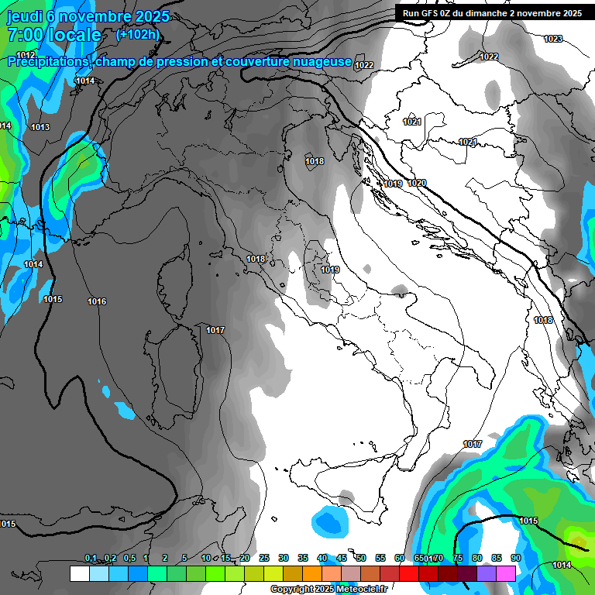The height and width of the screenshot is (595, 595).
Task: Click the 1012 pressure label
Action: tap(26, 55)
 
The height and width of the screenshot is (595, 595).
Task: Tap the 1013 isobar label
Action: tap(40, 127)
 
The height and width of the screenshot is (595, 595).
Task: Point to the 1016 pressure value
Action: tap(97, 301)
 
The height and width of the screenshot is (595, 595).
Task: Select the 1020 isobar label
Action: tap(417, 183)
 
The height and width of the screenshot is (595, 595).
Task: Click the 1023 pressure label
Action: tap(553, 39)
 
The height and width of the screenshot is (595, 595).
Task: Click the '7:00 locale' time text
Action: tap(54, 35)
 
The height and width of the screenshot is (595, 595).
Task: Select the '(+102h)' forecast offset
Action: tap(138, 34)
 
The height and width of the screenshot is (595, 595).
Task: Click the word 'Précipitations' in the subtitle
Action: tap(46, 61)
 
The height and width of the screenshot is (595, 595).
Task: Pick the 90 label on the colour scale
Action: tap(515, 558)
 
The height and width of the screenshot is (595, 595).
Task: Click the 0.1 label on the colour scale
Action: tap(91, 558)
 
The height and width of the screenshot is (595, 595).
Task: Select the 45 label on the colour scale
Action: tap(342, 558)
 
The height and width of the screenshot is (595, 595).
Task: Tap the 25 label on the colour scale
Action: tap(264, 558)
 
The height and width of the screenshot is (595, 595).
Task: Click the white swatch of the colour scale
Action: tap(79, 573)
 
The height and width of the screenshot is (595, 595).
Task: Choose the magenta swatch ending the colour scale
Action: tap(506, 573)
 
